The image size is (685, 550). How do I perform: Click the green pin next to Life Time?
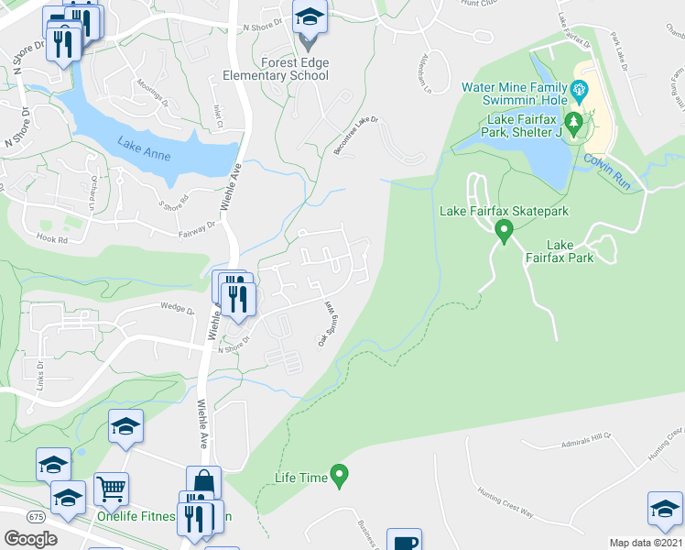tap(340, 476)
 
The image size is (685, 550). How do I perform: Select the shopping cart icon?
tap(112, 489)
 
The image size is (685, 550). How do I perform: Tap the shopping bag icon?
tap(203, 482)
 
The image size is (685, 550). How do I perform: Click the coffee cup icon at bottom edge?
tap(404, 541)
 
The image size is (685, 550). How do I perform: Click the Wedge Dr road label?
tap(178, 309)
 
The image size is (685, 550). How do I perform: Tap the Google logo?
tap(30, 538)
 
